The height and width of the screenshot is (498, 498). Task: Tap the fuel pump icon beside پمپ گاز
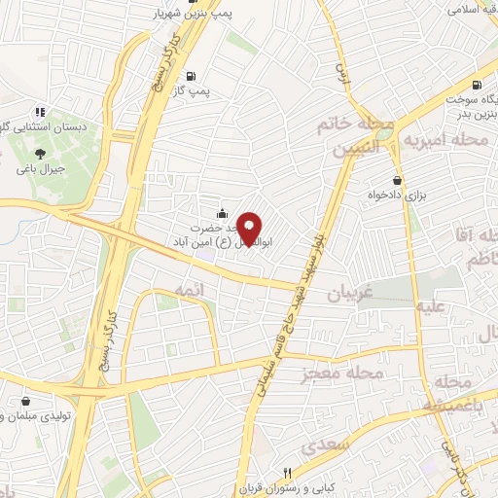tap(190, 76)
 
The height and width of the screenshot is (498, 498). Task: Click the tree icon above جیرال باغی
tap(40, 153)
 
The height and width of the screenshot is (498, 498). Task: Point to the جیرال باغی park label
tap(40, 167)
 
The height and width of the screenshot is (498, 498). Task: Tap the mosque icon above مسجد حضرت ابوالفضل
tap(223, 213)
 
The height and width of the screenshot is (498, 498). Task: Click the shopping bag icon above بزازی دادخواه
tap(397, 179)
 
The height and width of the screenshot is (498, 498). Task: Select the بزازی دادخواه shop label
tap(398, 195)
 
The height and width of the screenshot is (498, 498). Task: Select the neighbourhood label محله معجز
tap(342, 373)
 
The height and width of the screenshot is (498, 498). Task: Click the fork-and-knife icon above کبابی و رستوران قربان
tap(286, 470)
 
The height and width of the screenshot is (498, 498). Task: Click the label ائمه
tap(189, 291)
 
